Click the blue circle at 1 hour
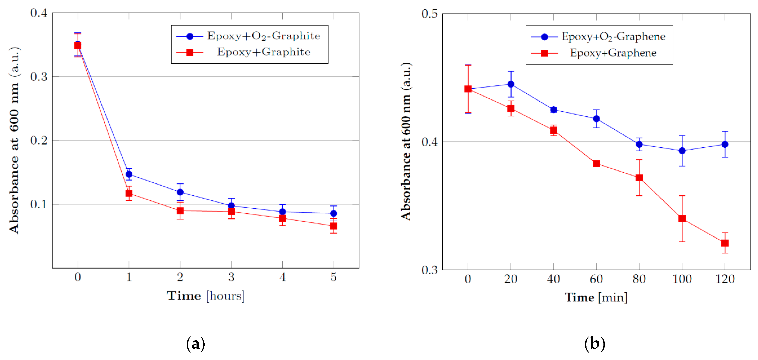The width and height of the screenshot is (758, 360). [129, 174]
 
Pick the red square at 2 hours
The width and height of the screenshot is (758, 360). [180, 211]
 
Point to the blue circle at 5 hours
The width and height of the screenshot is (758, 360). [333, 213]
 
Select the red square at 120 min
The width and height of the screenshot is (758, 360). [725, 243]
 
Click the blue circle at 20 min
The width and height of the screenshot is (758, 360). [511, 84]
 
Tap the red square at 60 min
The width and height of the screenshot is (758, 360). [596, 164]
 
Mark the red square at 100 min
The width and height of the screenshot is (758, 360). [682, 219]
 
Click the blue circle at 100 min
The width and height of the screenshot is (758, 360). [682, 151]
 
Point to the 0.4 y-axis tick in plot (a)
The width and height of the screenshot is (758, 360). [39, 13]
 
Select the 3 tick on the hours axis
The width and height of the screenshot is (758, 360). [231, 277]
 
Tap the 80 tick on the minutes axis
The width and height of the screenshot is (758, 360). [639, 279]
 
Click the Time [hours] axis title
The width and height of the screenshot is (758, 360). [205, 296]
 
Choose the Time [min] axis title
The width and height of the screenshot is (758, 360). [596, 297]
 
